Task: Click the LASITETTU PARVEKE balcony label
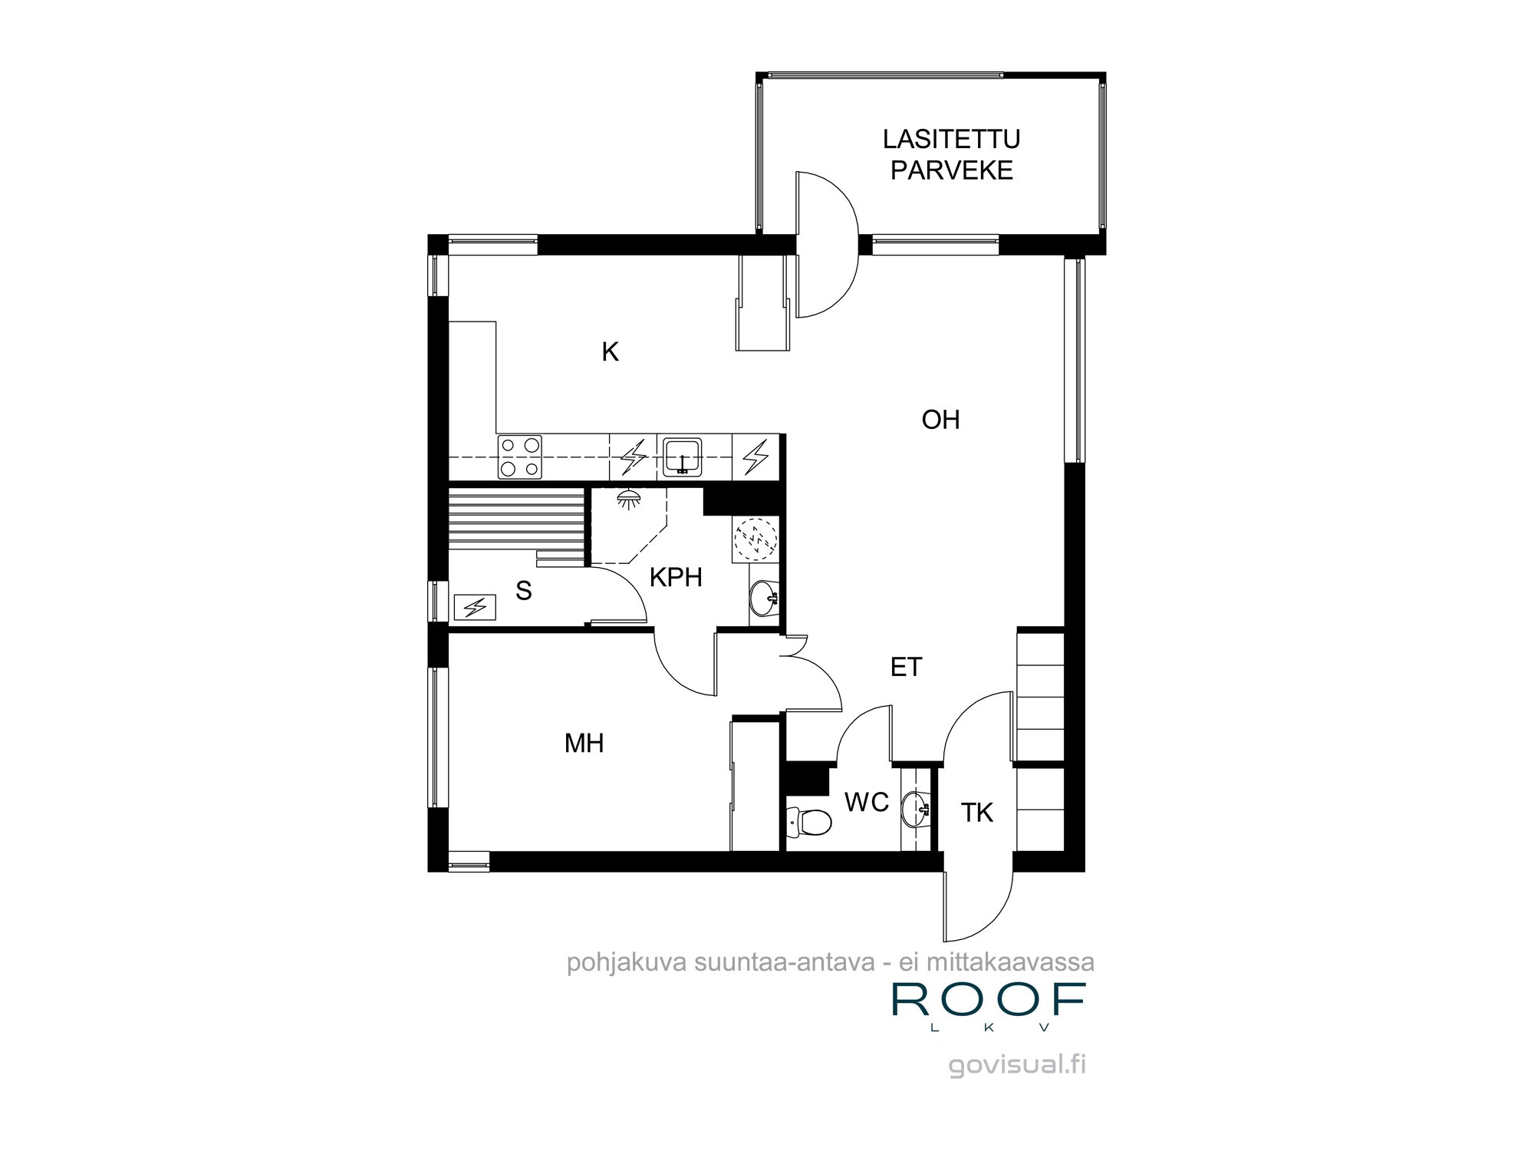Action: point(952,154)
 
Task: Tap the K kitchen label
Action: point(610,352)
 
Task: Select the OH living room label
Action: point(941,420)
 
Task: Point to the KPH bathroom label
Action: point(676,577)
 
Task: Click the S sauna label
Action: point(524,591)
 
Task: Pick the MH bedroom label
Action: point(584,743)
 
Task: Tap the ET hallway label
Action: point(906,668)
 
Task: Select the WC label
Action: point(867,803)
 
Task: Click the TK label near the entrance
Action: point(977,813)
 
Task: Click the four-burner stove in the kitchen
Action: point(519,457)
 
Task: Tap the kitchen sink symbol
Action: point(681,458)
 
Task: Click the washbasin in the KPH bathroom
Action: point(764,598)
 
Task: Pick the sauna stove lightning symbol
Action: point(476,608)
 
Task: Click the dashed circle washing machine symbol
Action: point(755,539)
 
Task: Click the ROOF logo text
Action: point(989,1001)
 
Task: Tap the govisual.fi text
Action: point(1017,1065)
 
